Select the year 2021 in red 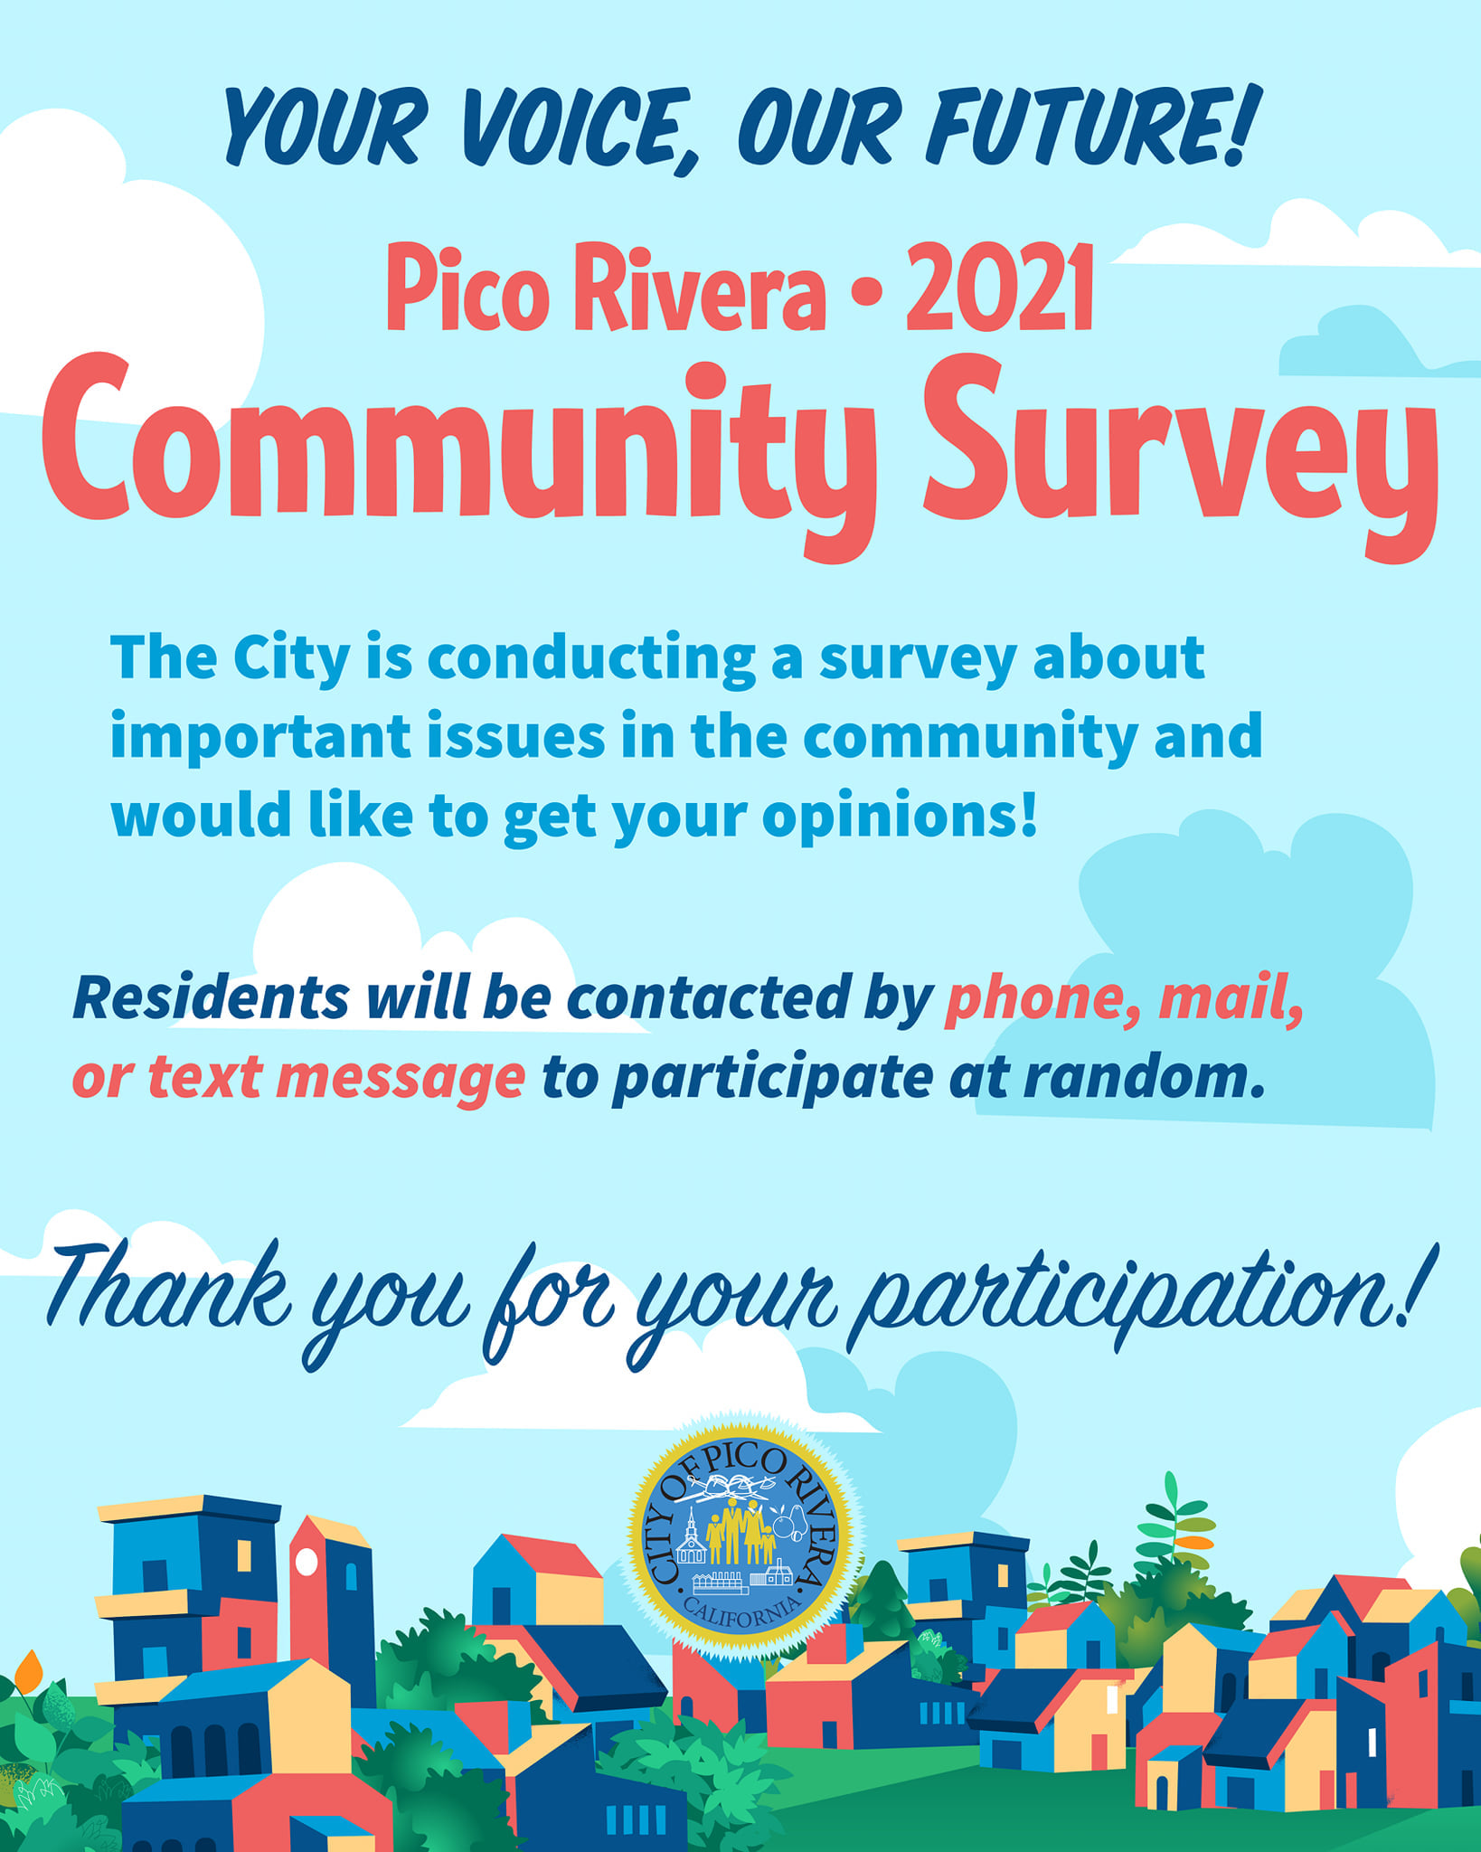(1000, 288)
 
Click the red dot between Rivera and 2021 (866, 293)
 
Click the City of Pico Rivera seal (741, 1537)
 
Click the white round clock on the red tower (306, 1562)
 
